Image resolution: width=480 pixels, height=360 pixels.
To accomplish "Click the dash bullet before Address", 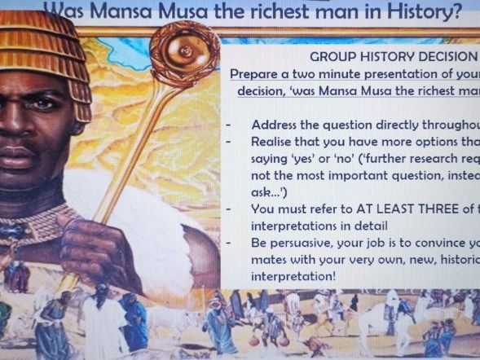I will [231, 125].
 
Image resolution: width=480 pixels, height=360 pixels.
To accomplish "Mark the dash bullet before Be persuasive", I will [231, 244].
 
